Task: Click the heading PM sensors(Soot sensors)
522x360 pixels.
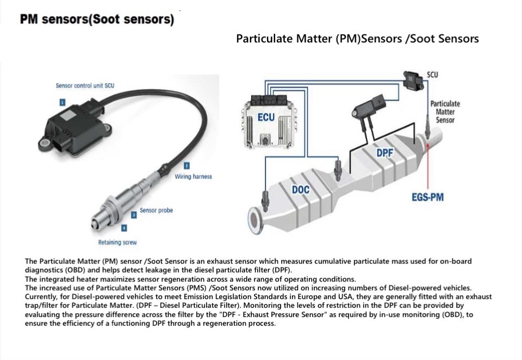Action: click(97, 20)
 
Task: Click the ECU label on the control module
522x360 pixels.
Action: click(266, 118)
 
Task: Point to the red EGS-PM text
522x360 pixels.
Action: click(427, 197)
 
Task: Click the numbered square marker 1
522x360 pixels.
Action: click(63, 102)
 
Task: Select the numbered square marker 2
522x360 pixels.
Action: click(187, 165)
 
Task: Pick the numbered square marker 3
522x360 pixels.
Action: click(134, 215)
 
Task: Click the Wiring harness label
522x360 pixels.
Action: click(193, 177)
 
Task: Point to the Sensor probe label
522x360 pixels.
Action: click(156, 210)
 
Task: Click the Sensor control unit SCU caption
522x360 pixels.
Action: click(85, 86)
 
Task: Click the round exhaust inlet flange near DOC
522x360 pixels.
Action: click(256, 221)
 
